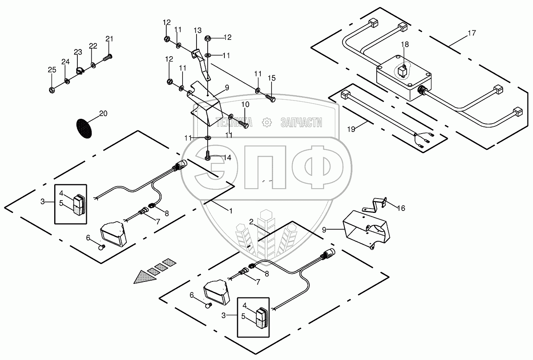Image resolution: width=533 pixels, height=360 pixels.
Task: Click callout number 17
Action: [x=472, y=33]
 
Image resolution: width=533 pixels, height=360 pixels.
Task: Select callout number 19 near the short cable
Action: [x=351, y=129]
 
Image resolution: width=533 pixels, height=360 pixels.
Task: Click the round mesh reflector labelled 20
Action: [x=84, y=128]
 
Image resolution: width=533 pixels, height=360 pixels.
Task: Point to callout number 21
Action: [x=109, y=39]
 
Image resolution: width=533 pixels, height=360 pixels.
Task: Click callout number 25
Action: [x=52, y=70]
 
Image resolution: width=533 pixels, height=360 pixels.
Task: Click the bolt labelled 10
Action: [x=244, y=124]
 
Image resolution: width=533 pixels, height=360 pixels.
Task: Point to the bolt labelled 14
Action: [x=208, y=155]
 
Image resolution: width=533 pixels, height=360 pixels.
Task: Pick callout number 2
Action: [x=251, y=221]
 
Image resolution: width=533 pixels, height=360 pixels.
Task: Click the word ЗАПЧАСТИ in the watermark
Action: [x=301, y=122]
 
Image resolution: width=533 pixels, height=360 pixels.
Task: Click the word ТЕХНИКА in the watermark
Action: [x=234, y=122]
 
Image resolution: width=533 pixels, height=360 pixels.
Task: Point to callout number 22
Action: [x=93, y=46]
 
